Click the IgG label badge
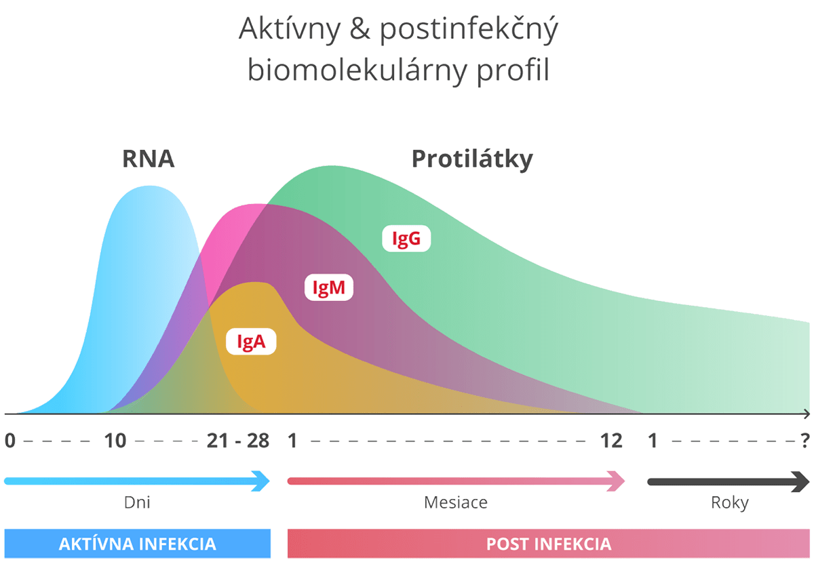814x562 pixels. coord(406,239)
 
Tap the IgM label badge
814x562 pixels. coord(329,288)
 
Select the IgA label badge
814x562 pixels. coord(250,342)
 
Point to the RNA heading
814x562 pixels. coord(148,159)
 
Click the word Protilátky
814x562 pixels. coord(472,159)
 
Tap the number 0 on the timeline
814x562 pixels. coord(9,441)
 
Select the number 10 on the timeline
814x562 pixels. coord(115,441)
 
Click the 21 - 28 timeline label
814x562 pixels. coord(238,441)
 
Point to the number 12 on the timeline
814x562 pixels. coord(611,441)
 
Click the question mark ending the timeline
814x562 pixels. coord(805,441)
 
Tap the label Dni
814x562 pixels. coord(137,502)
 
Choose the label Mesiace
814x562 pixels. coord(456,502)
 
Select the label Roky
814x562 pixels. coord(729,502)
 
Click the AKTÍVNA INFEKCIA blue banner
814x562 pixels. coord(137,544)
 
